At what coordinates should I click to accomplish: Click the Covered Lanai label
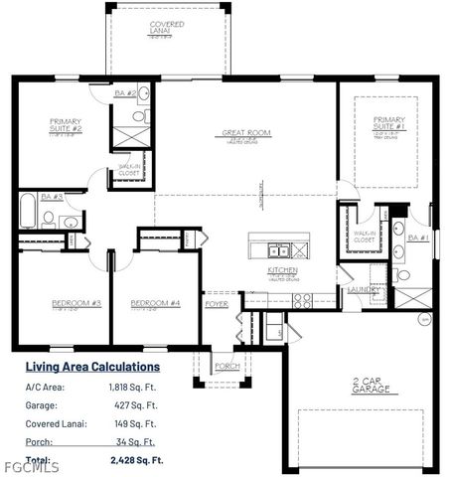point(166,27)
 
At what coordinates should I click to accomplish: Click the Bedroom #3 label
point(62,302)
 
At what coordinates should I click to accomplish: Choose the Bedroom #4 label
point(155,302)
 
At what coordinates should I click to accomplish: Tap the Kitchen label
point(283,271)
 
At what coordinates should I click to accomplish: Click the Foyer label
point(218,304)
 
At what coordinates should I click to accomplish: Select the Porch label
point(227,366)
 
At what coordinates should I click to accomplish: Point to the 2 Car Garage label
point(364,387)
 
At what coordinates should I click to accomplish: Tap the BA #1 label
point(418,238)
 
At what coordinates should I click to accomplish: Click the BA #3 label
point(53,197)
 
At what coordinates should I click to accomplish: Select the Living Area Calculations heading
point(91,367)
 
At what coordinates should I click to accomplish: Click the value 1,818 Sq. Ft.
point(132,387)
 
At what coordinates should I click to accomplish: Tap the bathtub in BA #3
point(26,212)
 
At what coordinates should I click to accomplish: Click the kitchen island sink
point(274,249)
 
